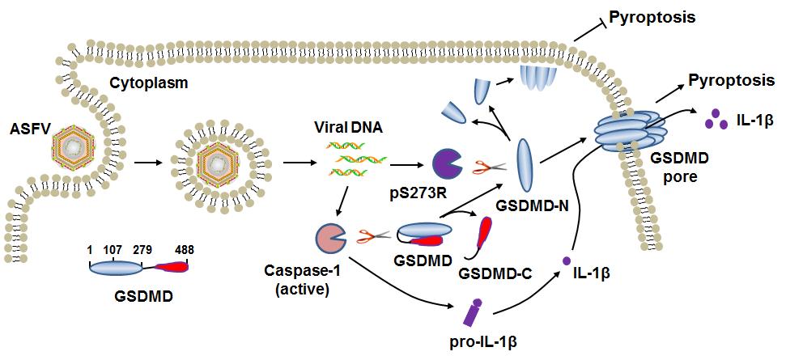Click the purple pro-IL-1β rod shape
point(475,311)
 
